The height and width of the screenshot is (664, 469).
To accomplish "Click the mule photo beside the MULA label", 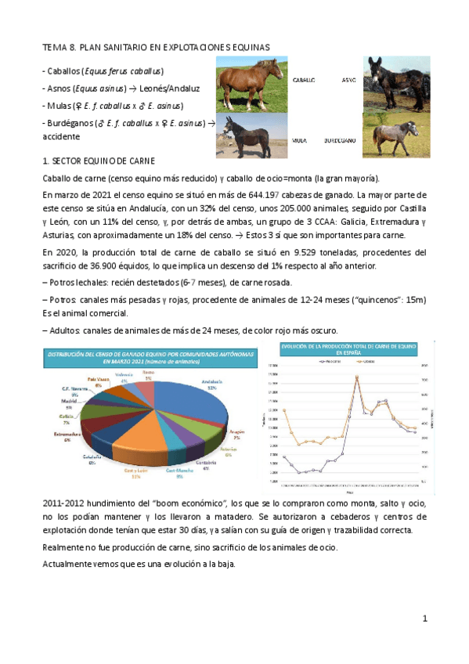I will pos(248,135).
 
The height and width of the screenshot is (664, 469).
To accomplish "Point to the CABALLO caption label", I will pos(304,81).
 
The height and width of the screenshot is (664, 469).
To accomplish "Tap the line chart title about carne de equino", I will pos(348,348).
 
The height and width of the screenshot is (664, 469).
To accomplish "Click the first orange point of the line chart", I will pos(283,410).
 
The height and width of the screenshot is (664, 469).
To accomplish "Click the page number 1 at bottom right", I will pos(424,618).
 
